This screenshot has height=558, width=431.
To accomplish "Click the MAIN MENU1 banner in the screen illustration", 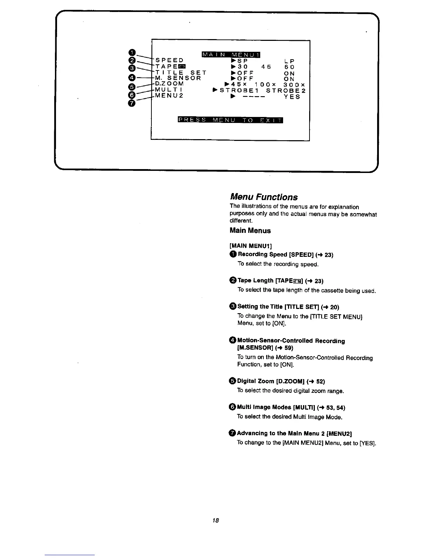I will click(x=231, y=54).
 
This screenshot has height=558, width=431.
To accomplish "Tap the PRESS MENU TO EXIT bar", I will click(x=231, y=120).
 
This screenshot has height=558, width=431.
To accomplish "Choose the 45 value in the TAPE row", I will click(x=266, y=67).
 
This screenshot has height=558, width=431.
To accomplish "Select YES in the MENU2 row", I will click(x=292, y=97).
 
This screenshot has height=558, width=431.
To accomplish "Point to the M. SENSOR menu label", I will click(x=178, y=78).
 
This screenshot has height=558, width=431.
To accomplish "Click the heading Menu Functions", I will click(x=263, y=197).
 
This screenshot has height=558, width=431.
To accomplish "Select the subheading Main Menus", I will click(x=250, y=231).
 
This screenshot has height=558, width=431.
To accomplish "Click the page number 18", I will click(x=216, y=520).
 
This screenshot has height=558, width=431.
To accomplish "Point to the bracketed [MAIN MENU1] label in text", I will click(x=250, y=245).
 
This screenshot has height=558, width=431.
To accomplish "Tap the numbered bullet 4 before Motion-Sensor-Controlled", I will click(x=233, y=340).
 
